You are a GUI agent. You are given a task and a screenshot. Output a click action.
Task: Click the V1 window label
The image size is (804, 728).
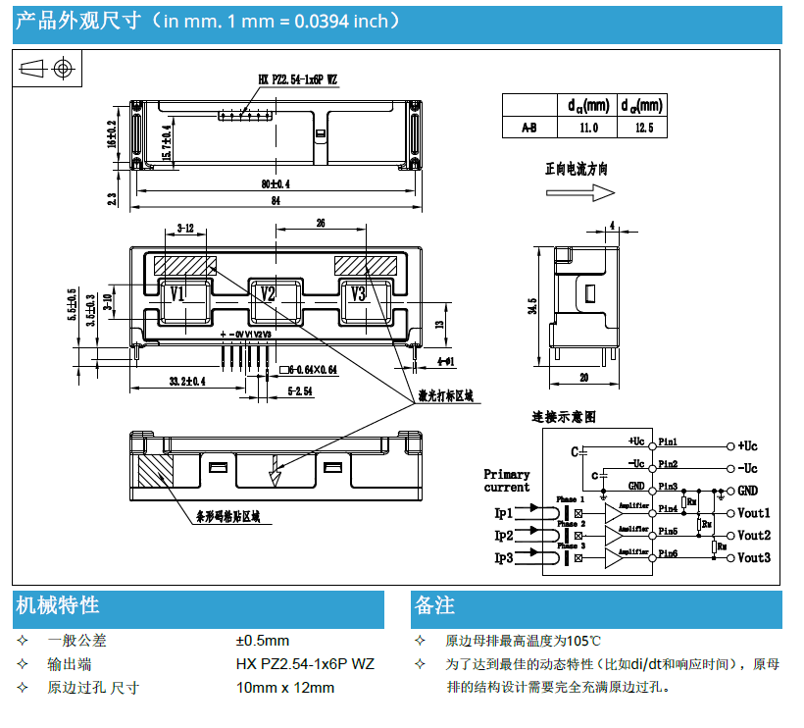[177, 294]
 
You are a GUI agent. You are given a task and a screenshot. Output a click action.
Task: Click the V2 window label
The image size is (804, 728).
[267, 294]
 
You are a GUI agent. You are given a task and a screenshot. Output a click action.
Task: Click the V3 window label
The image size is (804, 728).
[358, 294]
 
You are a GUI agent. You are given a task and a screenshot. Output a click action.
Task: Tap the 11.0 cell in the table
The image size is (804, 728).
[587, 128]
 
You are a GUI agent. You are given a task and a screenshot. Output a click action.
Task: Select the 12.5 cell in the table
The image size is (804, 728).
[642, 128]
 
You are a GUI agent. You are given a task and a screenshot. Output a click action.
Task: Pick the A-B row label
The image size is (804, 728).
[528, 128]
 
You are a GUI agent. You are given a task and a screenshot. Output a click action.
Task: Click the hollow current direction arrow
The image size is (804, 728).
[593, 193]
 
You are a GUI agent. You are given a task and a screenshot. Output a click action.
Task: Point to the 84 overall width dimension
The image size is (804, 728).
[276, 202]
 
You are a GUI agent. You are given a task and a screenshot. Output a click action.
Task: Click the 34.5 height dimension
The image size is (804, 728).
[532, 306]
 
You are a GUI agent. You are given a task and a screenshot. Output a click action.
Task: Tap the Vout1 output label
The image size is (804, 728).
[753, 513]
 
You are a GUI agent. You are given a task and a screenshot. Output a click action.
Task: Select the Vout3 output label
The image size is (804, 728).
[753, 558]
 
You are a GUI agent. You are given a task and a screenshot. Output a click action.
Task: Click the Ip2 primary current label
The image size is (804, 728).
[503, 536]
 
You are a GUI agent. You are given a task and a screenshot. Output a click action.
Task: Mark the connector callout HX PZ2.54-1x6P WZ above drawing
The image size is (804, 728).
[298, 79]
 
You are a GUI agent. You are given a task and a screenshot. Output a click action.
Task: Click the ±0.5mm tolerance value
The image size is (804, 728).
[263, 641]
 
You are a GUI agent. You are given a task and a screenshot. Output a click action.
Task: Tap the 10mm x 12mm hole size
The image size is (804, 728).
[285, 687]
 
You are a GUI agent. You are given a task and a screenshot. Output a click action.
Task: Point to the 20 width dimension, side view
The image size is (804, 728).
[583, 378]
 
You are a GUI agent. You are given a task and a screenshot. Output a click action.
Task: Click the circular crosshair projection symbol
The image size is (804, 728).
[65, 69]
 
